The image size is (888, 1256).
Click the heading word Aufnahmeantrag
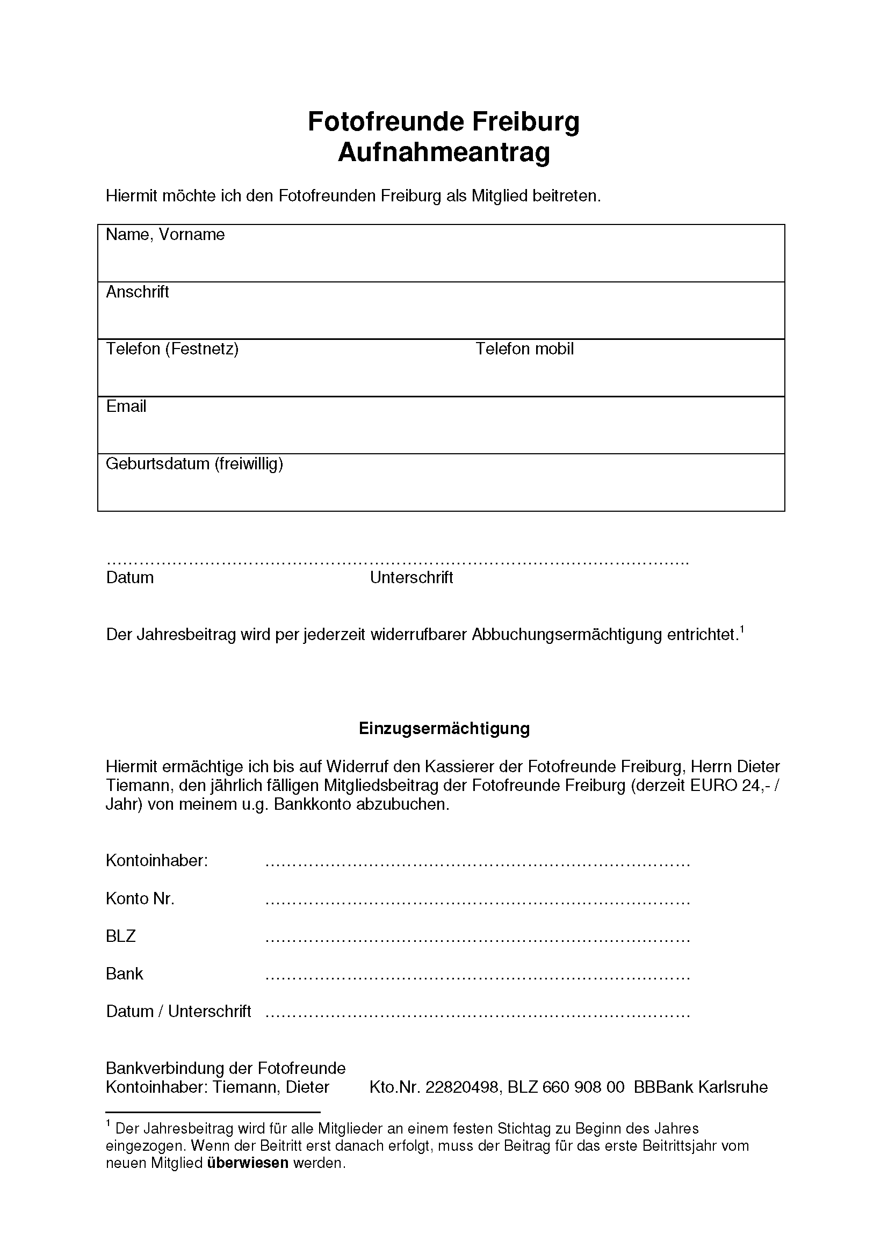(x=444, y=153)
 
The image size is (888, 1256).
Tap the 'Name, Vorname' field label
(x=165, y=235)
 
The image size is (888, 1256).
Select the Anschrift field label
(x=138, y=292)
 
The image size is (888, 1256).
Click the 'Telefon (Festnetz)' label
(x=172, y=349)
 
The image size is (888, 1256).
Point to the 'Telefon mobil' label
(x=524, y=349)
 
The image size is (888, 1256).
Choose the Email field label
(x=126, y=406)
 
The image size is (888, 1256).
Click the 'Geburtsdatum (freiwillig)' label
(x=194, y=464)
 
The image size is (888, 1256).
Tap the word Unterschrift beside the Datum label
(x=411, y=578)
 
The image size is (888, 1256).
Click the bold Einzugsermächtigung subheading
(x=444, y=729)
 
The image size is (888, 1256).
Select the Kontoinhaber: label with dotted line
(x=157, y=860)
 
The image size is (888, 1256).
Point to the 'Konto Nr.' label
(x=140, y=898)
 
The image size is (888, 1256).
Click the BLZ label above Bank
(x=120, y=936)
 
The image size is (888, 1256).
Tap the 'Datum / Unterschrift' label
(x=178, y=1011)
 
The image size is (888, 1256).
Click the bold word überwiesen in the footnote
(x=248, y=1163)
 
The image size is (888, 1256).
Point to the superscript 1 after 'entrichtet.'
(x=741, y=629)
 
